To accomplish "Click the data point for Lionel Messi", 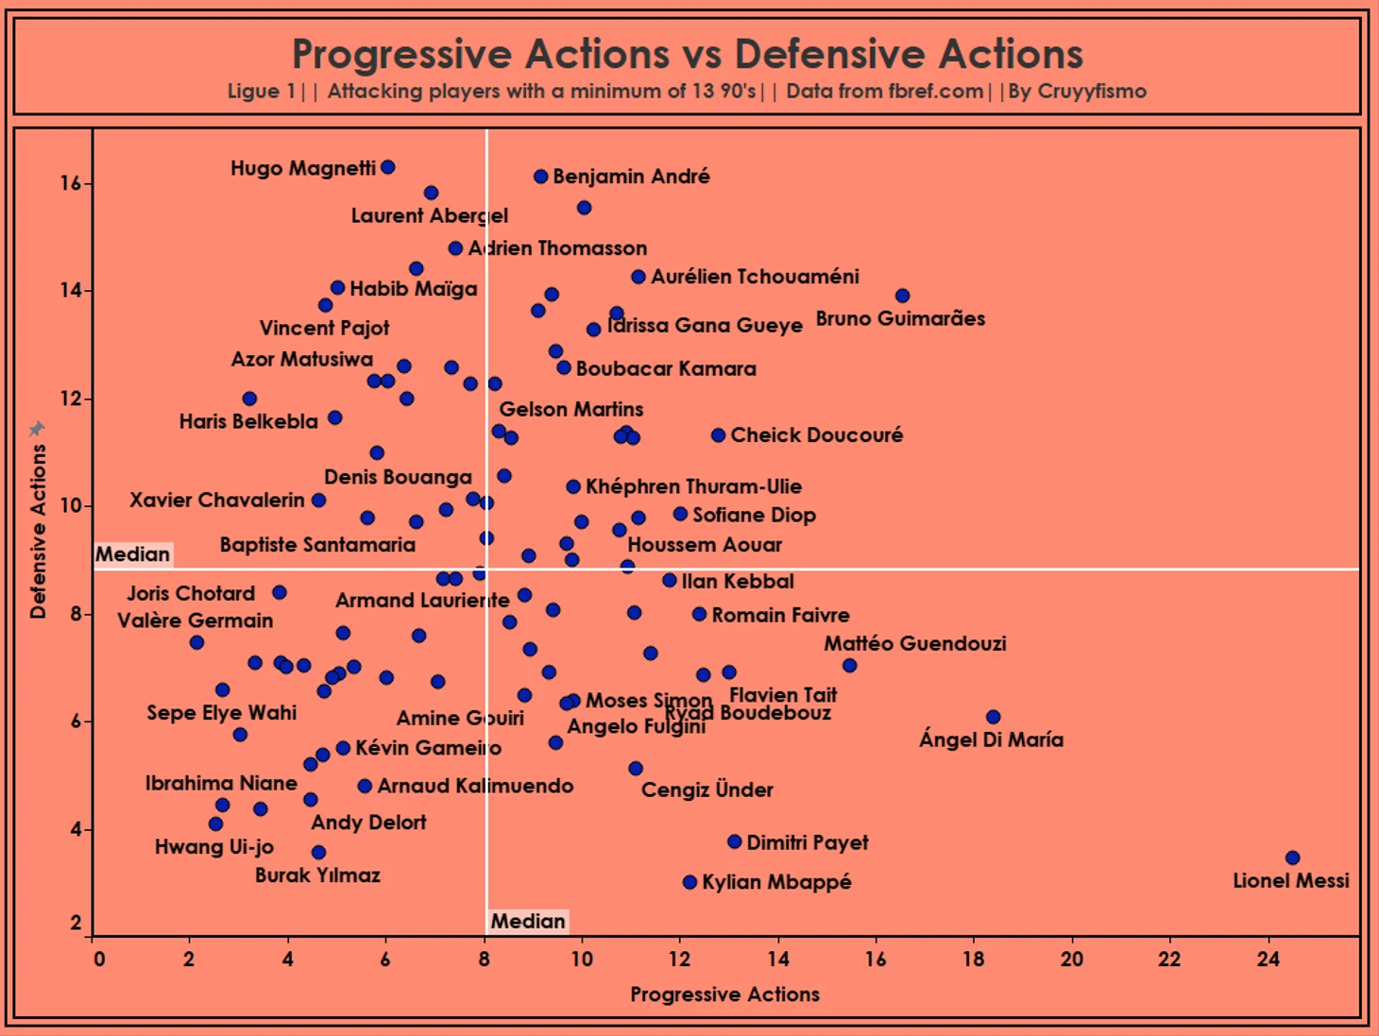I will (x=1292, y=858).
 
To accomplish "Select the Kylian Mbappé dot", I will (x=689, y=882).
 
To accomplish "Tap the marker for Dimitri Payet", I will (x=734, y=841).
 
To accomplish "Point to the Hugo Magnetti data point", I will (x=387, y=167).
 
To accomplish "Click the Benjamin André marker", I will (x=540, y=177).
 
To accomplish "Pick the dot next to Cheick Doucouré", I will (x=718, y=435).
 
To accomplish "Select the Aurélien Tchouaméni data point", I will (x=638, y=277).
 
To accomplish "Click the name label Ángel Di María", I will (x=991, y=739).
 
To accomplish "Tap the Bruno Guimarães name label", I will (x=900, y=318).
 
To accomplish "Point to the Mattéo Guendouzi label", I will (x=914, y=643).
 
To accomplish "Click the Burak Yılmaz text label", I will (x=317, y=875).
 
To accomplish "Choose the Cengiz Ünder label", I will (x=707, y=790).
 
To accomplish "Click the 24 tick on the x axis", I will (x=1268, y=960).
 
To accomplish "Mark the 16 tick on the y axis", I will (x=71, y=183).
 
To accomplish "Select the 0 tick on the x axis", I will (x=99, y=960).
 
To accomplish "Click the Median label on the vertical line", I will (x=528, y=921).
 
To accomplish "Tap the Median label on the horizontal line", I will (x=133, y=554).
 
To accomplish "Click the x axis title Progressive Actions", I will (x=724, y=994).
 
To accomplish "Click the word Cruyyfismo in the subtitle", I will (x=1092, y=92).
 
